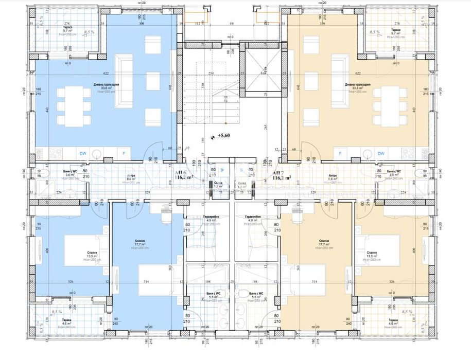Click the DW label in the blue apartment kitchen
point(83,153)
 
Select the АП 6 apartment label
point(181,173)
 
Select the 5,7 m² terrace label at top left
point(67,31)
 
